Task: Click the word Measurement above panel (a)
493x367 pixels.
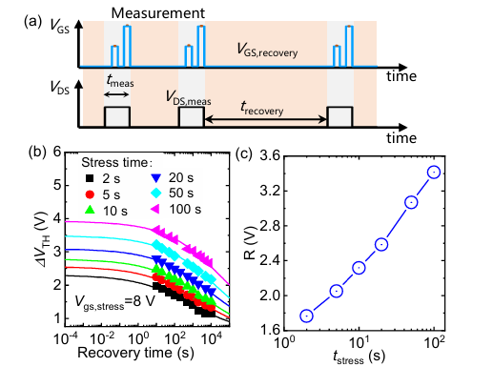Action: [158, 13]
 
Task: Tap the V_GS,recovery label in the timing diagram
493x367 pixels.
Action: [267, 51]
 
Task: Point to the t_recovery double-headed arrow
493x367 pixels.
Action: [265, 119]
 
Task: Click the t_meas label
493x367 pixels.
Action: [120, 81]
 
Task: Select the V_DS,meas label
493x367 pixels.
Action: [189, 97]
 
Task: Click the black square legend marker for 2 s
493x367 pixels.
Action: [90, 178]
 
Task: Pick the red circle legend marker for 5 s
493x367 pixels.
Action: [90, 194]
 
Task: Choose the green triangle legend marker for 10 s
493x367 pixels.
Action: [90, 210]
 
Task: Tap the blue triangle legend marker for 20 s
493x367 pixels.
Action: [156, 178]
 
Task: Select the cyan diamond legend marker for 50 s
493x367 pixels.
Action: [156, 193]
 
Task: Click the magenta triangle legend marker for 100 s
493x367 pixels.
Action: [155, 209]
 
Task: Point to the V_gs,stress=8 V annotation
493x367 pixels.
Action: [115, 301]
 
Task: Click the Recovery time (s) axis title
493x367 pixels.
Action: [135, 353]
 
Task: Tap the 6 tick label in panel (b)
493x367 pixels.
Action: [57, 152]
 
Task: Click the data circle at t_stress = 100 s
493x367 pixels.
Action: [434, 172]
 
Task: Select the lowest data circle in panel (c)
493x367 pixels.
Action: [307, 316]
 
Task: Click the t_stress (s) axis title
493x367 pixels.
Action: [359, 357]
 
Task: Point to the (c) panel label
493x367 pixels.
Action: [244, 154]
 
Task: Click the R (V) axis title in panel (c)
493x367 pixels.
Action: [251, 243]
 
